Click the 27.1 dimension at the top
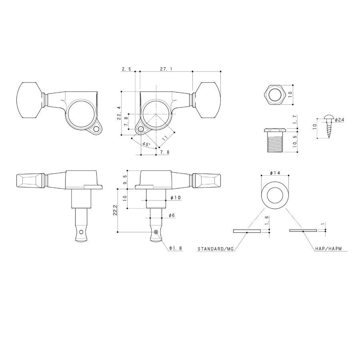pos(166,69)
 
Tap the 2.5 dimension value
pos(126,69)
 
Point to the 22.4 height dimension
pos(119,113)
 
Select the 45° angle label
pos(146,144)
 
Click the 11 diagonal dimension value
pos(165,138)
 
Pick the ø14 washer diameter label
pos(275,173)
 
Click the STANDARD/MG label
pos(215,249)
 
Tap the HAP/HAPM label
pos(328,248)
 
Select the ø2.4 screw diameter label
pos(339,120)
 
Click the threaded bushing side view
pos(274,140)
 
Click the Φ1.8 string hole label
pos(176,248)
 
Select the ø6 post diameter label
pos(172,215)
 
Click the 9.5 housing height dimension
pos(125,180)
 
